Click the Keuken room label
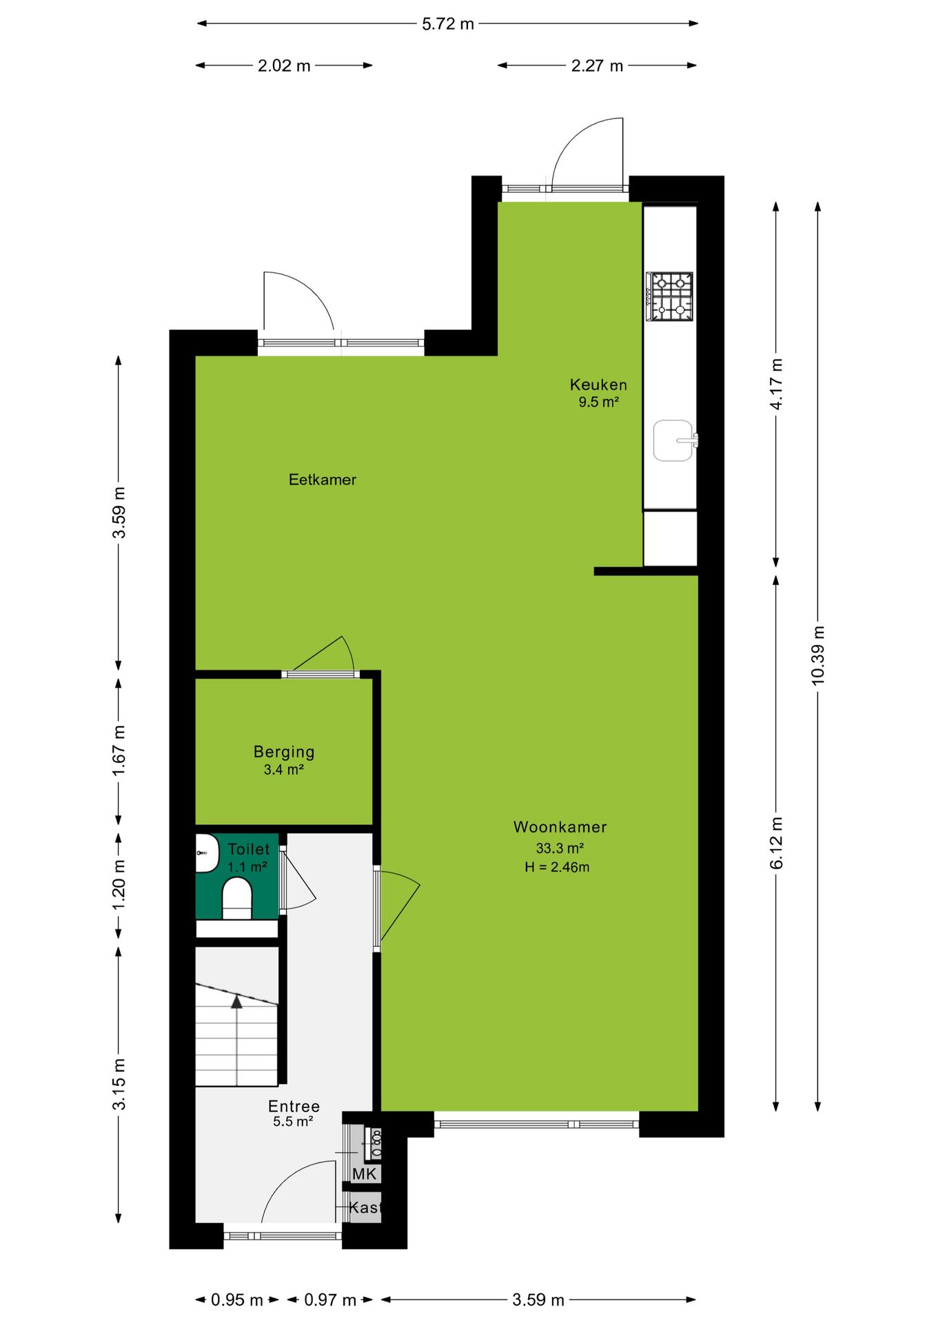point(598,384)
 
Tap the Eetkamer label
point(323,480)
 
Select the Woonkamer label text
point(560,827)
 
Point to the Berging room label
point(284,752)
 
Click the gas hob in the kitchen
point(669,296)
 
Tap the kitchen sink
point(674,440)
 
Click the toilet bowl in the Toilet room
point(237,898)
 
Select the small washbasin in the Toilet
point(206,853)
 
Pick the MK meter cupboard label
point(364,1173)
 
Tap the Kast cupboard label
point(365,1207)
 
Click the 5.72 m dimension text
point(448,24)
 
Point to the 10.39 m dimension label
point(818,655)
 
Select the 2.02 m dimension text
point(284,66)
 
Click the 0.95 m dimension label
point(237,1300)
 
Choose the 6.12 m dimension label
point(776,843)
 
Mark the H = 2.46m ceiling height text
point(557,867)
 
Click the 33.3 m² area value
point(560,848)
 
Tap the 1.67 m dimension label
point(119,750)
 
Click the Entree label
point(294,1106)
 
